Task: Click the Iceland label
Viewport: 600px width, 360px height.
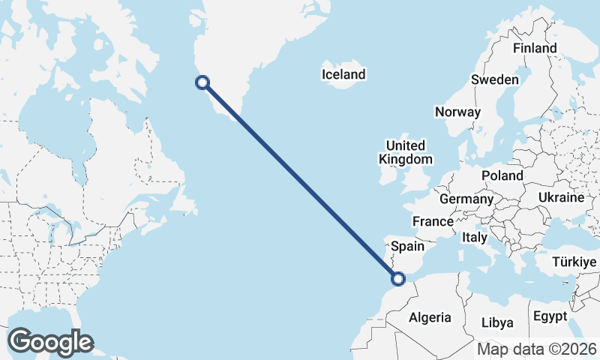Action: click(343, 74)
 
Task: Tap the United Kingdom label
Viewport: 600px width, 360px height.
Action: click(405, 152)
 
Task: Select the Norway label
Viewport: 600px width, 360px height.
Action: click(457, 112)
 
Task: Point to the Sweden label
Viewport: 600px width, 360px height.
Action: click(494, 80)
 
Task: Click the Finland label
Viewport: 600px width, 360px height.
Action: click(535, 48)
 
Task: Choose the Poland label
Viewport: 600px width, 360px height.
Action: click(502, 175)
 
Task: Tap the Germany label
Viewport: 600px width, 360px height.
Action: click(466, 199)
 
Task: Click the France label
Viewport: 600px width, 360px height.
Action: click(433, 221)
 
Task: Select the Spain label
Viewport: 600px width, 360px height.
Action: click(408, 246)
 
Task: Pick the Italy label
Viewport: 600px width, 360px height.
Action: click(475, 237)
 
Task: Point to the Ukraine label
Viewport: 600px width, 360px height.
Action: click(560, 197)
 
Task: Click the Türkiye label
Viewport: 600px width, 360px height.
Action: click(573, 262)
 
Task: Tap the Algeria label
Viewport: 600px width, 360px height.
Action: click(430, 317)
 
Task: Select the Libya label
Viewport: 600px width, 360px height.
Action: click(497, 322)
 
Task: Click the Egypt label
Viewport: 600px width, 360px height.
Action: click(550, 316)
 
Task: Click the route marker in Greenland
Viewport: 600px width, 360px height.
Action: click(202, 83)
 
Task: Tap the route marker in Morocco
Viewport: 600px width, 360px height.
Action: click(398, 279)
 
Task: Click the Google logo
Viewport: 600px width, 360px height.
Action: click(50, 342)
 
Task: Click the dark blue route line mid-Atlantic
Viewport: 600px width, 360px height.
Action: click(300, 181)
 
